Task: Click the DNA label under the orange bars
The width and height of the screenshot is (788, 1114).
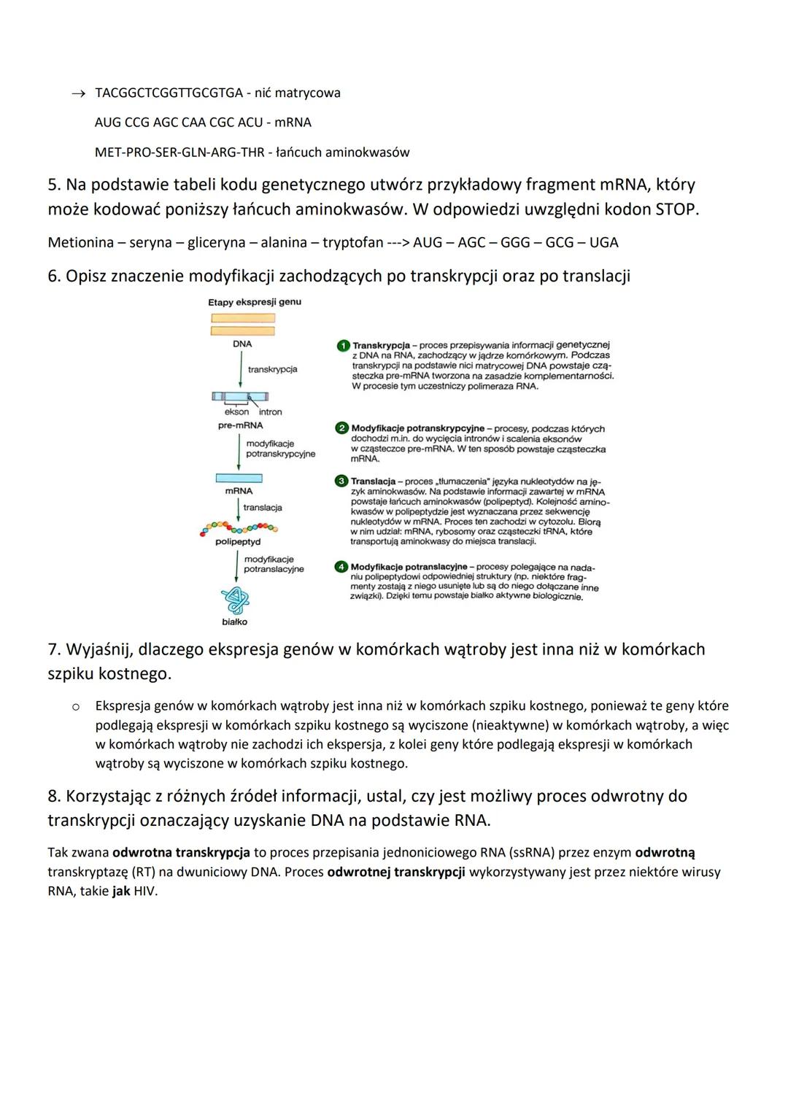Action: pyautogui.click(x=242, y=344)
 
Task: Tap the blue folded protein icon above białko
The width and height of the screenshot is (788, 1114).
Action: pyautogui.click(x=235, y=600)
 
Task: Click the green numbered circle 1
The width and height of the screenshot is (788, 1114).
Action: pyautogui.click(x=342, y=345)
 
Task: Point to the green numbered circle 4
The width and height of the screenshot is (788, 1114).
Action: pyautogui.click(x=341, y=567)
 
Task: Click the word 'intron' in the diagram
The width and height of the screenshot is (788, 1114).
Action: pyautogui.click(x=270, y=412)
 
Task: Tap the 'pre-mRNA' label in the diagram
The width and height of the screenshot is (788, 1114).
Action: pyautogui.click(x=241, y=425)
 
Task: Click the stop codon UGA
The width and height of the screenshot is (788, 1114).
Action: pyautogui.click(x=603, y=242)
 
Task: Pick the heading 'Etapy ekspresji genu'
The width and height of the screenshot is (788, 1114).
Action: pyautogui.click(x=255, y=302)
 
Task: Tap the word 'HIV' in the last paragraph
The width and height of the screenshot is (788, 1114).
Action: pyautogui.click(x=145, y=891)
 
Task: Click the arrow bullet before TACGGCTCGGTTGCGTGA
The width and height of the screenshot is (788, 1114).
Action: pyautogui.click(x=77, y=93)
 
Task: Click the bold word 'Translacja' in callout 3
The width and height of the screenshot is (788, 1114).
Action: pyautogui.click(x=374, y=481)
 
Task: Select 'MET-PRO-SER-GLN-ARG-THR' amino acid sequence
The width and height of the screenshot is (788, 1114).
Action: pyautogui.click(x=178, y=152)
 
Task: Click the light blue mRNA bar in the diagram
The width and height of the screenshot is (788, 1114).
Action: pyautogui.click(x=239, y=479)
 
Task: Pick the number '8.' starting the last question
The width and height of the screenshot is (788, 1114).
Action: pyautogui.click(x=55, y=796)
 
